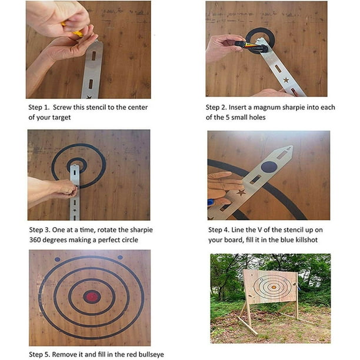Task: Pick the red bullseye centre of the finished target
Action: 91,296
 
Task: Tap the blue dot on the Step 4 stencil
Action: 269,166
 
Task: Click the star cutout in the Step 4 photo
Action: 242,192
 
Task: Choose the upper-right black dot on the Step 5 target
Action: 120,257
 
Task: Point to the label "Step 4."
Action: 218,230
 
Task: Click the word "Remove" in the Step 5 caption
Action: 66,355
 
